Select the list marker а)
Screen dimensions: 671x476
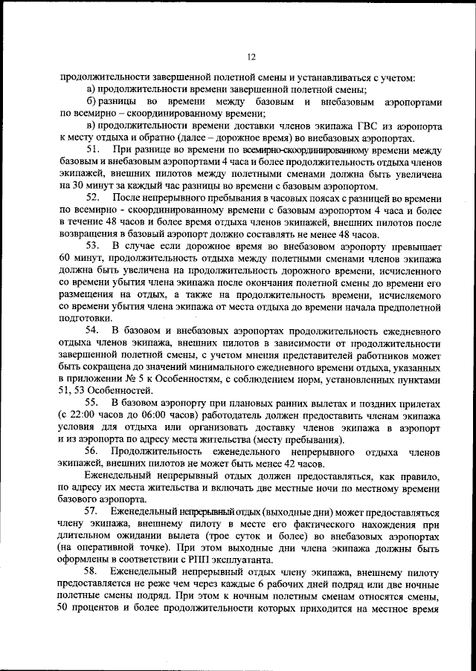click(x=91, y=88)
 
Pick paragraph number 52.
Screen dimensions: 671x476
click(x=94, y=197)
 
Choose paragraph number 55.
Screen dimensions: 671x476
click(x=94, y=402)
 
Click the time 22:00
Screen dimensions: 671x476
click(x=84, y=414)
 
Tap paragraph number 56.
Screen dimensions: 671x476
click(x=94, y=450)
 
